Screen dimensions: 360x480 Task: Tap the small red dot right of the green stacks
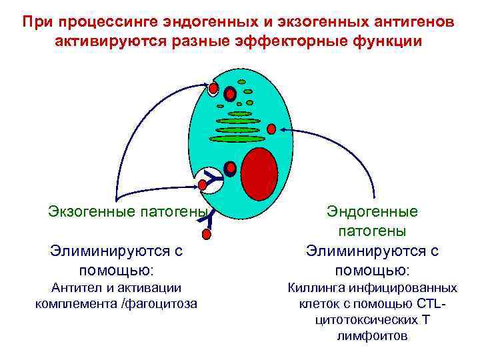(x=271, y=128)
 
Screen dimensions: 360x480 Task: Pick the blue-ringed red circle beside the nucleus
(x=230, y=168)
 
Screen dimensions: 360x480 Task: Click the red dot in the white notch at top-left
(x=213, y=88)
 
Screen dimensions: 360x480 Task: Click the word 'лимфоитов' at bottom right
(x=372, y=336)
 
